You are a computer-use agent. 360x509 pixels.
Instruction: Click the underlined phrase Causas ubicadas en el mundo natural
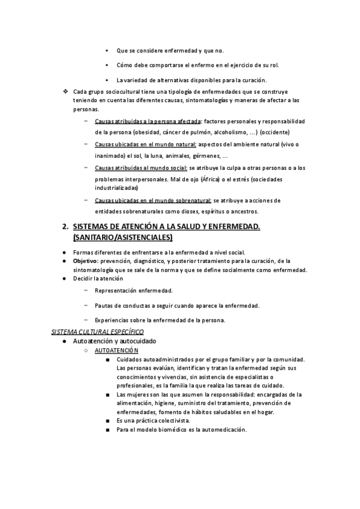pos(146,145)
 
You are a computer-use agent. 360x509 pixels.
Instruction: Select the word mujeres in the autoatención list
pos(136,394)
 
